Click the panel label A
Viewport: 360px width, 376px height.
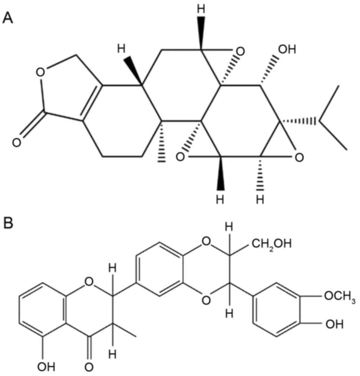click(x=8, y=16)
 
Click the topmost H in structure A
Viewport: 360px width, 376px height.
click(x=201, y=8)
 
